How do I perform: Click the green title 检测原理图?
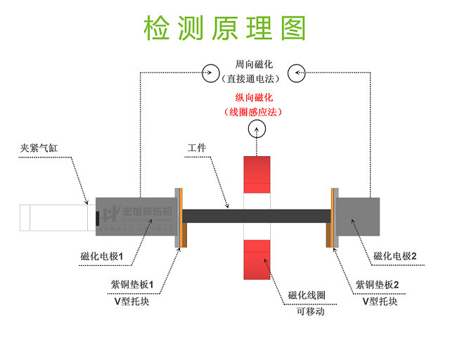point(225,27)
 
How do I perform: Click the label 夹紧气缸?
point(40,149)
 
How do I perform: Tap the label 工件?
point(197,149)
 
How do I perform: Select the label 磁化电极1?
point(103,257)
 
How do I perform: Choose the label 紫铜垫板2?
point(378,285)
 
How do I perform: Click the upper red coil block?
point(256,174)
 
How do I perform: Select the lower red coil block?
point(256,260)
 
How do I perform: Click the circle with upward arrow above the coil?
point(257,130)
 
